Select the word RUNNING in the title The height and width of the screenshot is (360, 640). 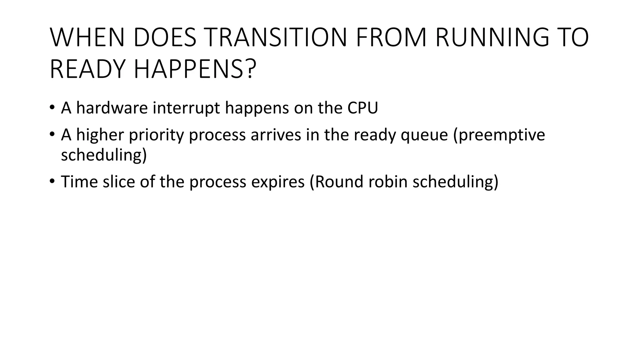(x=492, y=38)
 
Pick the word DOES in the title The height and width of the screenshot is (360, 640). (x=165, y=38)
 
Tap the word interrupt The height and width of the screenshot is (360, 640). (x=186, y=108)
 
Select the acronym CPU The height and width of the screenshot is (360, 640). (x=362, y=108)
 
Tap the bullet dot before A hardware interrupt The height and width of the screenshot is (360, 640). (x=52, y=107)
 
